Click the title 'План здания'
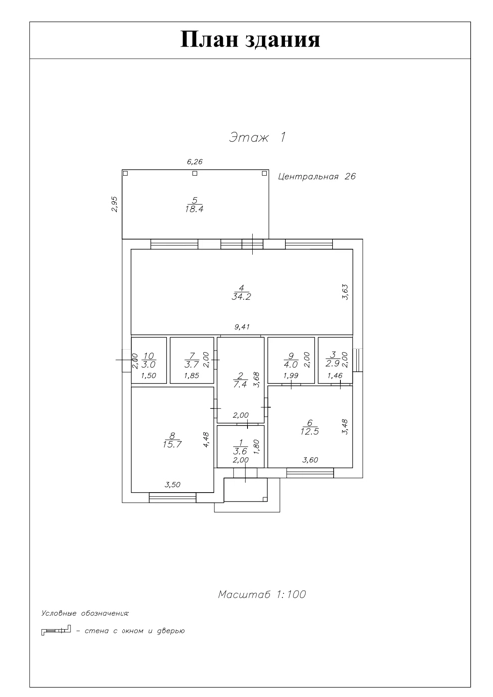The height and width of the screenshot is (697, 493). click(250, 39)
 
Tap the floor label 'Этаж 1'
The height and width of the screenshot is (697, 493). click(257, 137)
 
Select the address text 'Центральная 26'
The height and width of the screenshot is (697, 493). click(317, 176)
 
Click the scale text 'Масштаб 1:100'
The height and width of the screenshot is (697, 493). click(262, 594)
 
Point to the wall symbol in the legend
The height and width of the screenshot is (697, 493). click(56, 630)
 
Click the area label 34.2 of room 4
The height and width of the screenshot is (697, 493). click(241, 297)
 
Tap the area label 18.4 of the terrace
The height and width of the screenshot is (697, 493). click(194, 209)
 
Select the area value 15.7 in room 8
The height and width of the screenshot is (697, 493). click(172, 444)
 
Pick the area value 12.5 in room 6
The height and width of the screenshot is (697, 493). click(310, 431)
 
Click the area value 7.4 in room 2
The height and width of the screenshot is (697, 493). click(240, 385)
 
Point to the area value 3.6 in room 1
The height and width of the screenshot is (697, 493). click(240, 452)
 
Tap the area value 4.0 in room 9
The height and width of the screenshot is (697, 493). click(291, 365)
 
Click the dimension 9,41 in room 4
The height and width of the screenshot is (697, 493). click(242, 327)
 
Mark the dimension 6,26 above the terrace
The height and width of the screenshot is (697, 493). click(195, 162)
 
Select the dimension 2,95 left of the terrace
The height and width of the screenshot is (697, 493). click(115, 204)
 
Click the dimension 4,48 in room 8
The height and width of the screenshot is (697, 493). click(206, 440)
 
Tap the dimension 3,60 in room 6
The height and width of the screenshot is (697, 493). click(310, 460)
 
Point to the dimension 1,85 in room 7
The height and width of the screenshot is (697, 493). click(191, 376)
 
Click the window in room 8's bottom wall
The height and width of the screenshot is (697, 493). click(173, 498)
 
